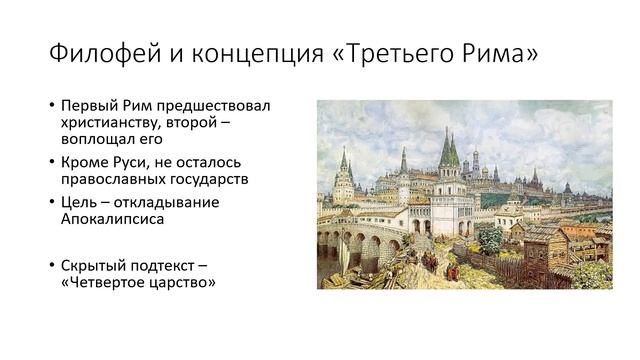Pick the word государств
click(211, 179)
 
